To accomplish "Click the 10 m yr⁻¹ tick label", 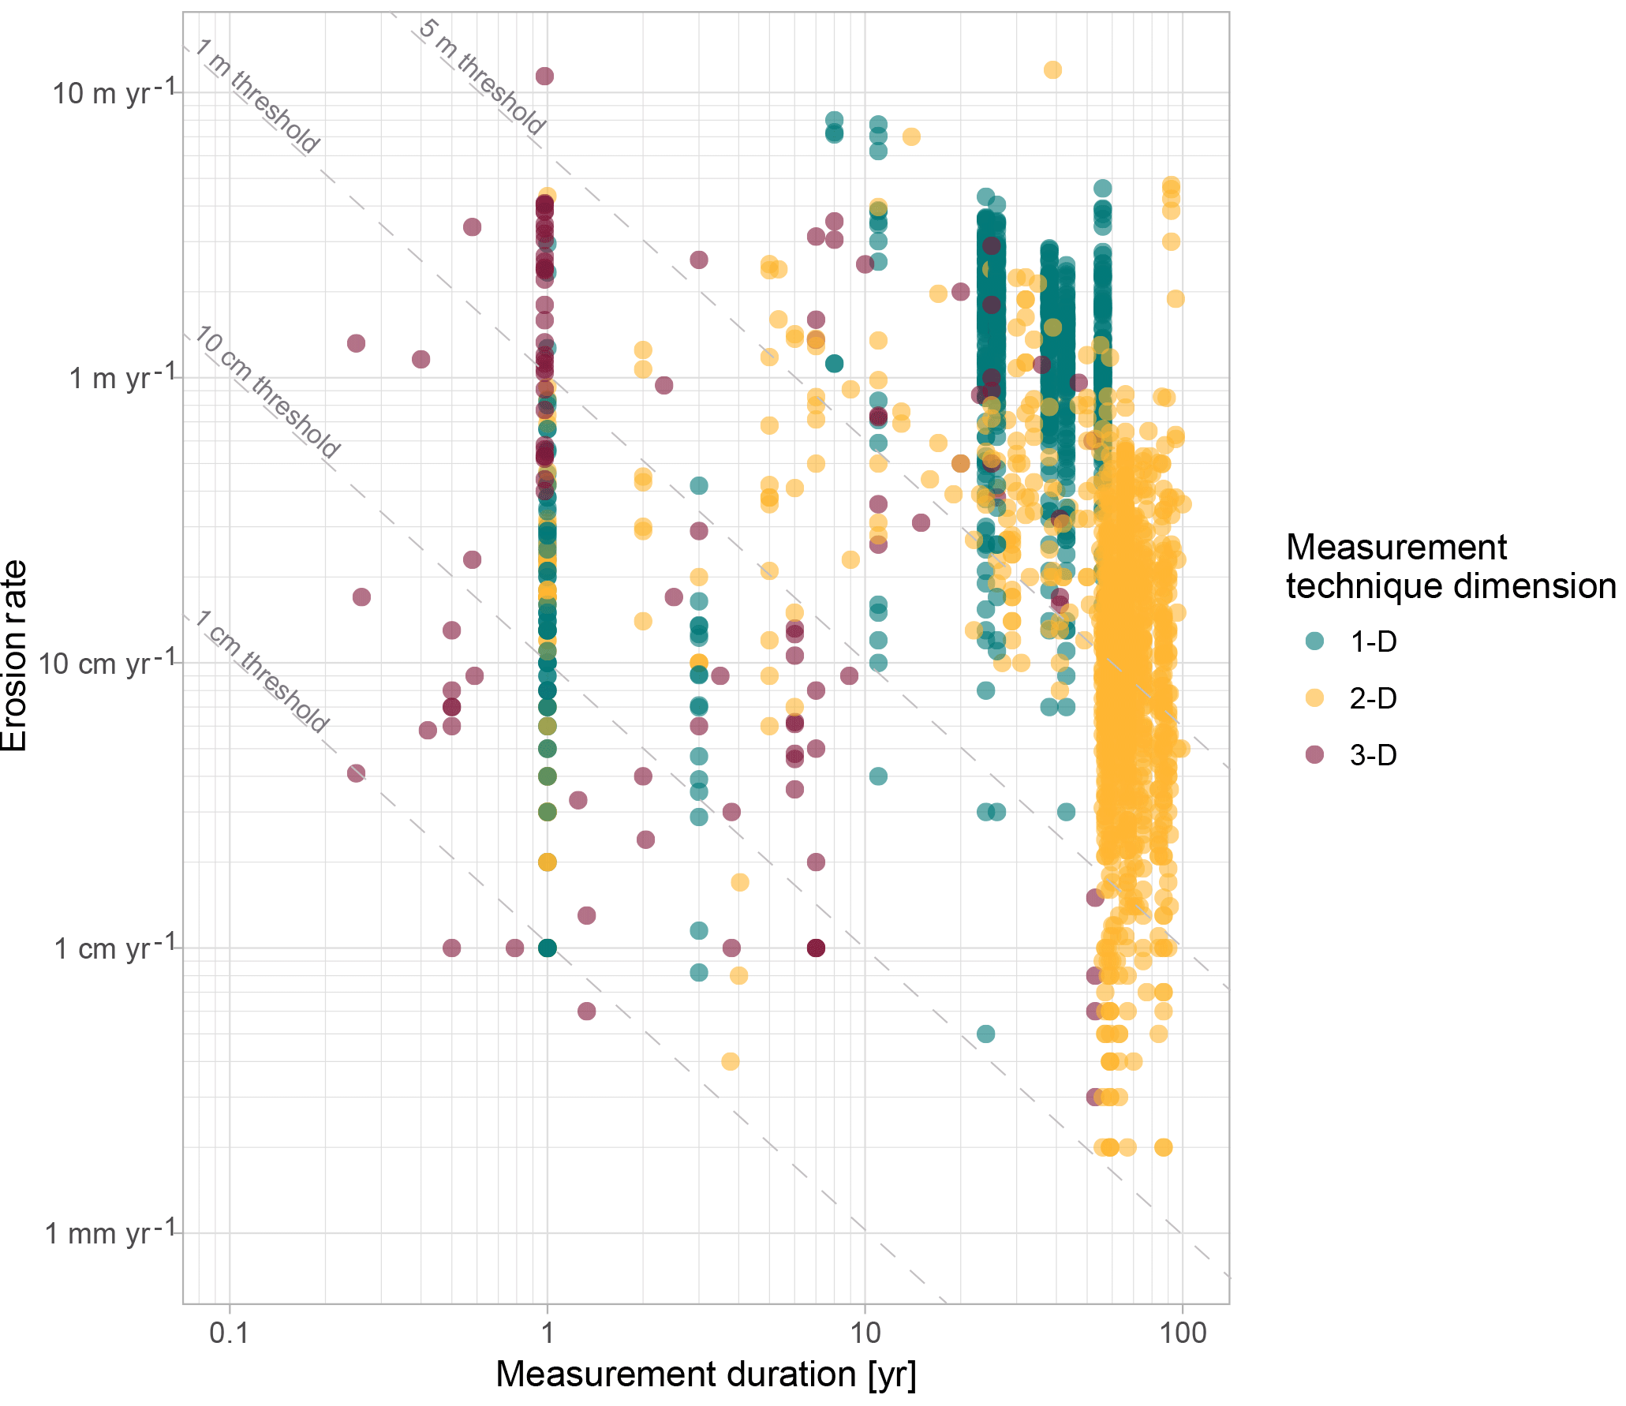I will (114, 93).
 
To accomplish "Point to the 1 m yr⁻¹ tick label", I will (121, 378).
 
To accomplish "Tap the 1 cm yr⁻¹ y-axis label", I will (114, 948).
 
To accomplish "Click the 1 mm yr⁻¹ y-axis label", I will (110, 1233).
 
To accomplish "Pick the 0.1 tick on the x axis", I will (229, 1333).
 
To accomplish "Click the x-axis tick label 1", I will (547, 1333).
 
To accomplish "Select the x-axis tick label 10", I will (865, 1333).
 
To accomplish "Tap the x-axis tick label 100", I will (1183, 1333).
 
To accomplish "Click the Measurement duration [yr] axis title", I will (705, 1374).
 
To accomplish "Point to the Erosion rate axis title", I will (14, 655).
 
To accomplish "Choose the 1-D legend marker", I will (1314, 641).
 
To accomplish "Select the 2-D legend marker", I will (1314, 698).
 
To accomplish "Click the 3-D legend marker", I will (1314, 755).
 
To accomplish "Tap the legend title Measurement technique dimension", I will (1450, 567).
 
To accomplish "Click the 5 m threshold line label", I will (481, 77).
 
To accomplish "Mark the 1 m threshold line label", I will (257, 95).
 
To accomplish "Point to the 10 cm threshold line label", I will (267, 392).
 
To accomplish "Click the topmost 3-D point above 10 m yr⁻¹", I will (544, 77).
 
